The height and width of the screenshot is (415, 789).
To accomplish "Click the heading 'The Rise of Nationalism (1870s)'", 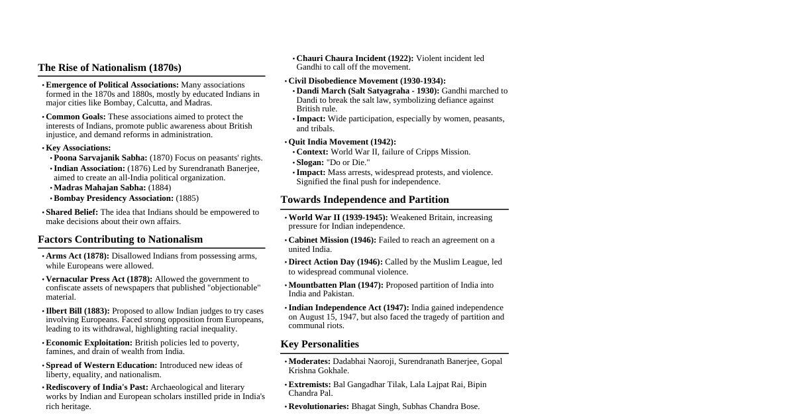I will [x=109, y=68].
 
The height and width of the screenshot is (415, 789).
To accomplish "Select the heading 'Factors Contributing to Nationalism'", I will [x=120, y=239].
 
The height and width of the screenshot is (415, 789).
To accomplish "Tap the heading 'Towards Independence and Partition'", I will [x=364, y=200].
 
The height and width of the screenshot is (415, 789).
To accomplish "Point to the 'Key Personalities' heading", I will [x=319, y=344].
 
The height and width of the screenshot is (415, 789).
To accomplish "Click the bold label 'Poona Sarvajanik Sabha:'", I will [x=100, y=158].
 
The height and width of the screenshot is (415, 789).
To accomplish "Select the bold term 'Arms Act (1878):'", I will [x=78, y=256].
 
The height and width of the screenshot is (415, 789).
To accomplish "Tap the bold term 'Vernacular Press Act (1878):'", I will [x=99, y=279].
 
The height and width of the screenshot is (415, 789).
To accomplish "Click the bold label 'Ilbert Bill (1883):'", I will [x=78, y=311].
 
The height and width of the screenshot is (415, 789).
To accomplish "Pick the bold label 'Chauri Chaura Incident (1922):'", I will [x=354, y=58].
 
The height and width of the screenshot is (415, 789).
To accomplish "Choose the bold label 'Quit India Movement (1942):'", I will [x=342, y=142].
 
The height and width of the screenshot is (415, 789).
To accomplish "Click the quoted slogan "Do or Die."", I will [x=348, y=162].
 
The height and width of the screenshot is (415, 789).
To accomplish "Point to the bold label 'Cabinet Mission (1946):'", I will [x=332, y=240].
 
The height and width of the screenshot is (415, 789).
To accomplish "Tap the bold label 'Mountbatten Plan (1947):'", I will [x=336, y=285].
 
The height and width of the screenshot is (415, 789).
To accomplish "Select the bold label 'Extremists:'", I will [x=309, y=385].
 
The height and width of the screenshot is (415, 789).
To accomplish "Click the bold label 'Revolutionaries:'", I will [x=319, y=406].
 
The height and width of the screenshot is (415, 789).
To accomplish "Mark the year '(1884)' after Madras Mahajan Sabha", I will [x=160, y=188].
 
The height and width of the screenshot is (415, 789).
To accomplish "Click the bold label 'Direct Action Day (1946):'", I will [x=335, y=262].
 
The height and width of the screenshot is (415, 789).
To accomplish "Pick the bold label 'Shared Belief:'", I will [x=72, y=212].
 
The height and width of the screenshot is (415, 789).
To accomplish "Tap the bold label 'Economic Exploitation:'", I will [x=89, y=343].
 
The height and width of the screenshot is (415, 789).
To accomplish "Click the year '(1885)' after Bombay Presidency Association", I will [x=187, y=198].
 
